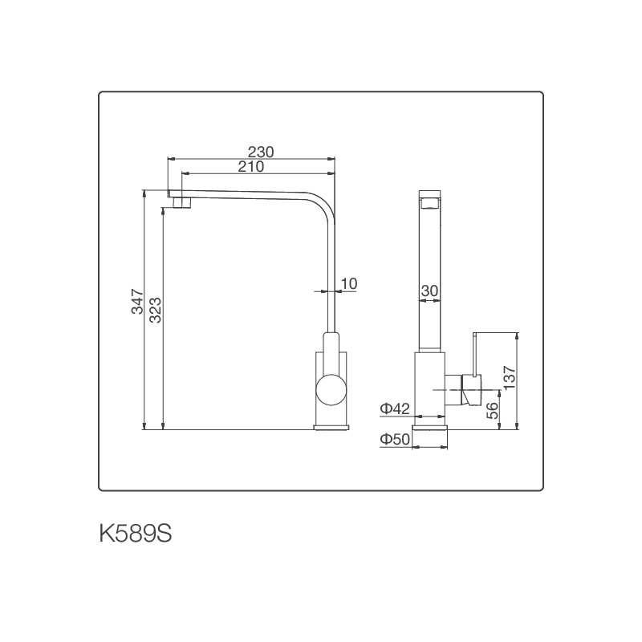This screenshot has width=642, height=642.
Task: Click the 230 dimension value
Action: click(261, 152)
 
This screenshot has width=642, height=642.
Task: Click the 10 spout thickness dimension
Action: click(348, 283)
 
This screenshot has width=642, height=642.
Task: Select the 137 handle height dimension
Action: click(509, 378)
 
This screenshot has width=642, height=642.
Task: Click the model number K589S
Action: click(136, 534)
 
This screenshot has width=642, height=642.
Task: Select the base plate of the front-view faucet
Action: click(331, 427)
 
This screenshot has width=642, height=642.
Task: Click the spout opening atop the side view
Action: click(430, 201)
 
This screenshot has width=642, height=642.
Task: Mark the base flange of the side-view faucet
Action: click(430, 427)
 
